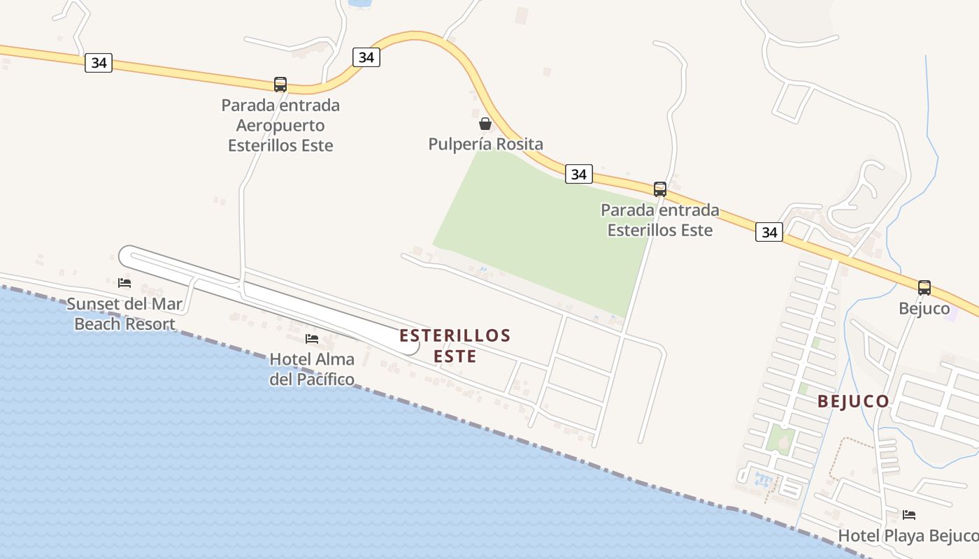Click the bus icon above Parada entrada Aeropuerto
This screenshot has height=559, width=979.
pyautogui.click(x=280, y=85)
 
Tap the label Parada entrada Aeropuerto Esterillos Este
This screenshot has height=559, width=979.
pyautogui.click(x=280, y=126)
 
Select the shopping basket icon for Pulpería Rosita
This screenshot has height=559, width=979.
pyautogui.click(x=485, y=124)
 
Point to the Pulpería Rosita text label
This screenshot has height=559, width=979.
pyautogui.click(x=486, y=145)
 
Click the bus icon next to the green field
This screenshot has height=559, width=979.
pyautogui.click(x=659, y=189)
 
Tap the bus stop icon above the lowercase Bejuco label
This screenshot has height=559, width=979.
pyautogui.click(x=924, y=287)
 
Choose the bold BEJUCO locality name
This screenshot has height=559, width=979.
pyautogui.click(x=853, y=402)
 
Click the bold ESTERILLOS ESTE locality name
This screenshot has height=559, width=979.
pyautogui.click(x=455, y=346)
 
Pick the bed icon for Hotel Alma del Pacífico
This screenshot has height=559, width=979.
pyautogui.click(x=312, y=339)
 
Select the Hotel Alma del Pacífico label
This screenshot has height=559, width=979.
pyautogui.click(x=312, y=370)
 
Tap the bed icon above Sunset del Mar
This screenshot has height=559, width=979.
pyautogui.click(x=124, y=283)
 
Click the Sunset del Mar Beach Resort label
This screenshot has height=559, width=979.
pyautogui.click(x=124, y=314)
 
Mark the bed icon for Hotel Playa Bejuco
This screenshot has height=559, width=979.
pyautogui.click(x=909, y=515)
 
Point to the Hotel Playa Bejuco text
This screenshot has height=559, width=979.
pyautogui.click(x=908, y=536)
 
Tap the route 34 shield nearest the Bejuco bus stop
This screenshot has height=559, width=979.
pyautogui.click(x=769, y=232)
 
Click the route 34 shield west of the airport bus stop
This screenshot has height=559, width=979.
pyautogui.click(x=99, y=63)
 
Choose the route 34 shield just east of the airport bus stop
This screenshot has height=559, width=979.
pyautogui.click(x=366, y=57)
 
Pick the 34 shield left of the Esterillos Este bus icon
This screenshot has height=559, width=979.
pyautogui.click(x=579, y=174)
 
